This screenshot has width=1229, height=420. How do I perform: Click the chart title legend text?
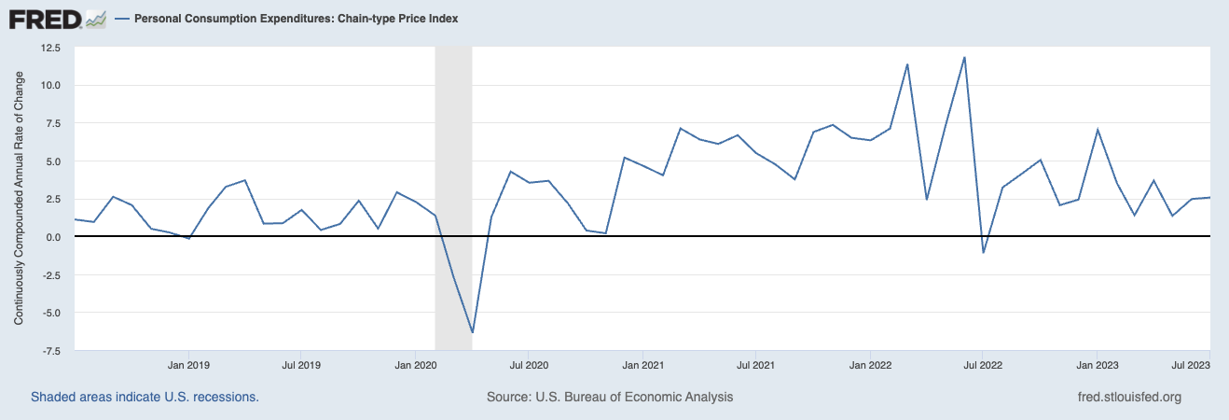297,19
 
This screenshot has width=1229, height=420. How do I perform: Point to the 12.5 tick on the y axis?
49,47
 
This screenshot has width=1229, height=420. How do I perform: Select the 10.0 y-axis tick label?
49,85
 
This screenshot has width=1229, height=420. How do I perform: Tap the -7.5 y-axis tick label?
50,351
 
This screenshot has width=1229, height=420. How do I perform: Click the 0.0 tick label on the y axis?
53,237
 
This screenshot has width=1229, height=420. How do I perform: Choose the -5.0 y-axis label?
50,313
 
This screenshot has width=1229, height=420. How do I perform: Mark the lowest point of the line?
473,332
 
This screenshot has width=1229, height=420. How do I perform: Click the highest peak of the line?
964,57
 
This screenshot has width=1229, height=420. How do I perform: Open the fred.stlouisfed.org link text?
1129,397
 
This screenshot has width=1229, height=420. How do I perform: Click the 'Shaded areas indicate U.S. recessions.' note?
145,397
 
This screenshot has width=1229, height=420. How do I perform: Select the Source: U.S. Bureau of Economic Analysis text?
610,397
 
